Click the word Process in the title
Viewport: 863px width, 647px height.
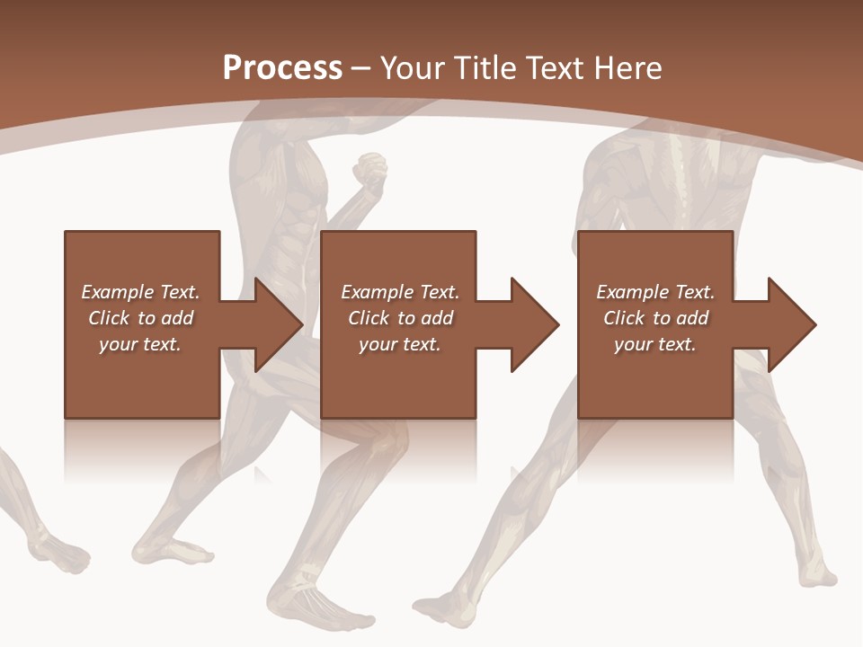[282, 68]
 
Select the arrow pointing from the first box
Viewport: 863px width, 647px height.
[265, 324]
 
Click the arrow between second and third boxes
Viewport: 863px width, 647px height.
[522, 324]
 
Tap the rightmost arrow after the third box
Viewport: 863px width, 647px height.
[778, 324]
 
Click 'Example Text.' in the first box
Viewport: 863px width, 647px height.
[140, 292]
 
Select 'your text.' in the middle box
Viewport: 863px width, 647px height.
[399, 344]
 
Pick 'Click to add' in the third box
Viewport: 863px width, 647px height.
[655, 318]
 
